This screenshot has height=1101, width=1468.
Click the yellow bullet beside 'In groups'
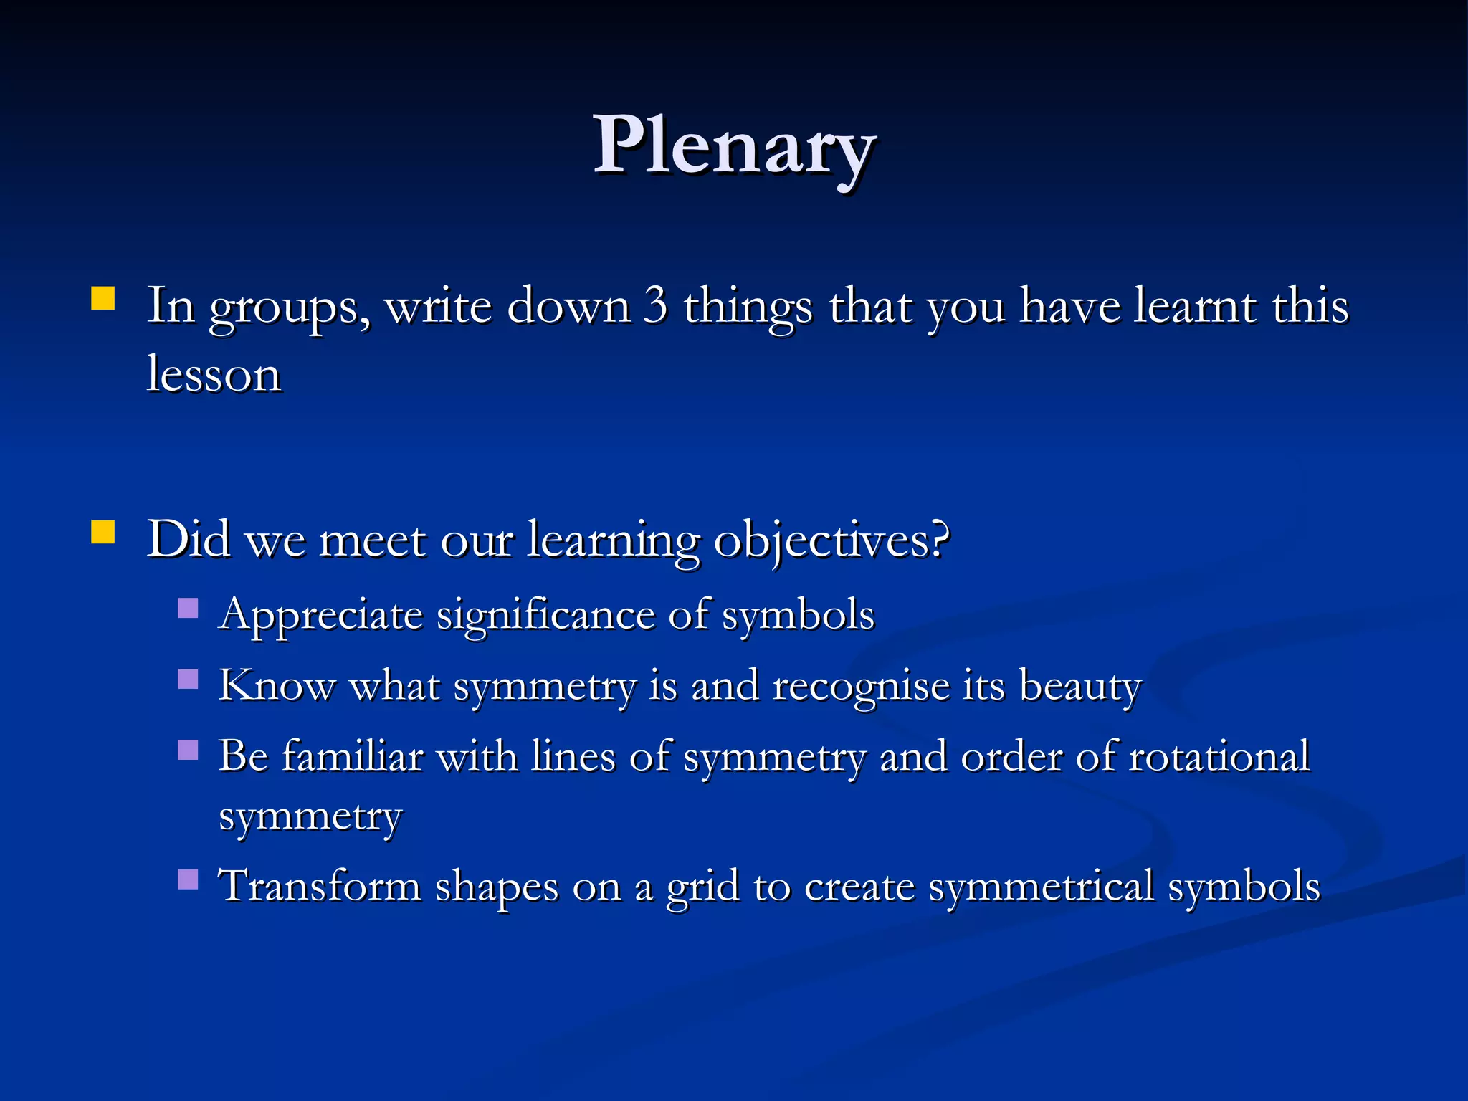coord(103,298)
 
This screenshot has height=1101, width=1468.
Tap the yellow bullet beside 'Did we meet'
coord(103,533)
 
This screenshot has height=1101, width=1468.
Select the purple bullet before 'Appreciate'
coord(188,609)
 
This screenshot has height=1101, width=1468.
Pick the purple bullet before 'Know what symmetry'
coord(188,679)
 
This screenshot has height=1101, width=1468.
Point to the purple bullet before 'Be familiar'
coord(188,750)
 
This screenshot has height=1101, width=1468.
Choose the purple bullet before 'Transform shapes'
coord(188,879)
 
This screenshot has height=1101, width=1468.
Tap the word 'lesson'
coord(214,374)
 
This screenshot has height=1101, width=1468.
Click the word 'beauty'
coord(1080,687)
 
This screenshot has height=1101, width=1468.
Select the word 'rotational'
coord(1219,756)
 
